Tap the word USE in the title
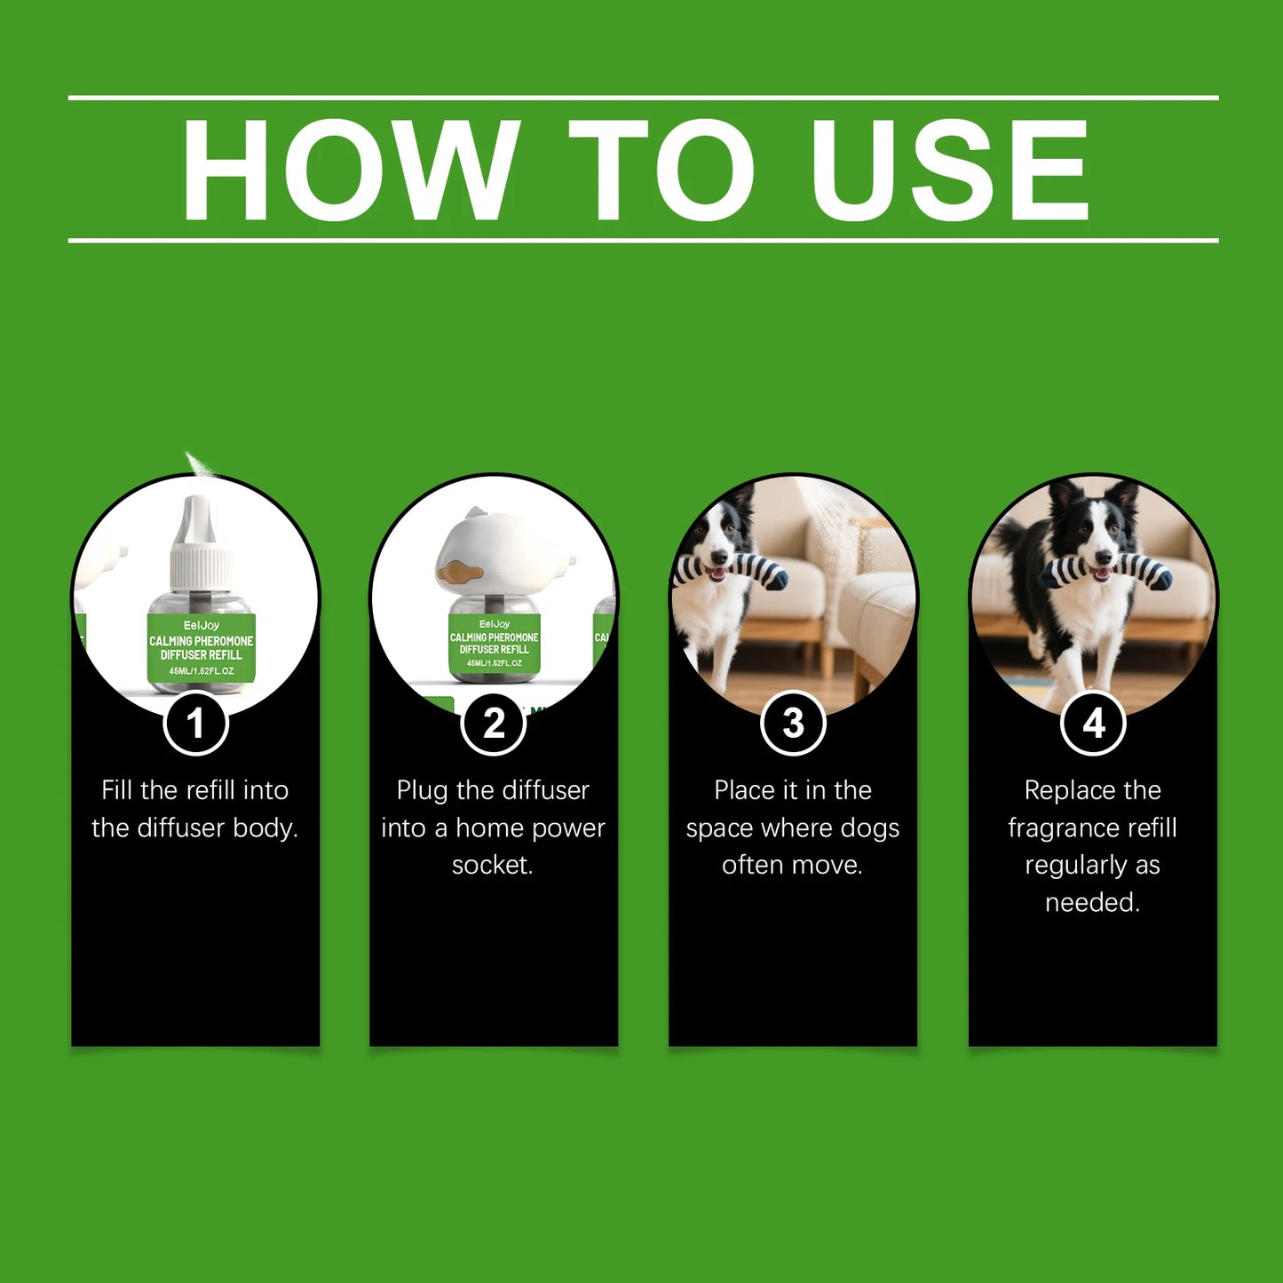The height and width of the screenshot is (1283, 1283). pos(950,170)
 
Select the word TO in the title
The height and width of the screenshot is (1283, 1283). pos(661,170)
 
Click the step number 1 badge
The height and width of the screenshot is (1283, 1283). pos(195,723)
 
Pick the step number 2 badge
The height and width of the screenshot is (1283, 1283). pos(494,723)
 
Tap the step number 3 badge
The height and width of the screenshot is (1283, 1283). pos(793,723)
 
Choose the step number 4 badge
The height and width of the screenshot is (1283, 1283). pos(1093,723)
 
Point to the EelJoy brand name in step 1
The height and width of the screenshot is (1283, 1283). pos(201,625)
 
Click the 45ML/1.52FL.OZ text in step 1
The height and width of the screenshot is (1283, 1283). pos(201,671)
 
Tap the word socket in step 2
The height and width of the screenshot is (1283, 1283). pos(493,865)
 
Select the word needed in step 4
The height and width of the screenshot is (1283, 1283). pos(1093,902)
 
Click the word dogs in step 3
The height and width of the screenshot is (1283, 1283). pos(869,828)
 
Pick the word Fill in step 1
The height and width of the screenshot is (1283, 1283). pos(117,790)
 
